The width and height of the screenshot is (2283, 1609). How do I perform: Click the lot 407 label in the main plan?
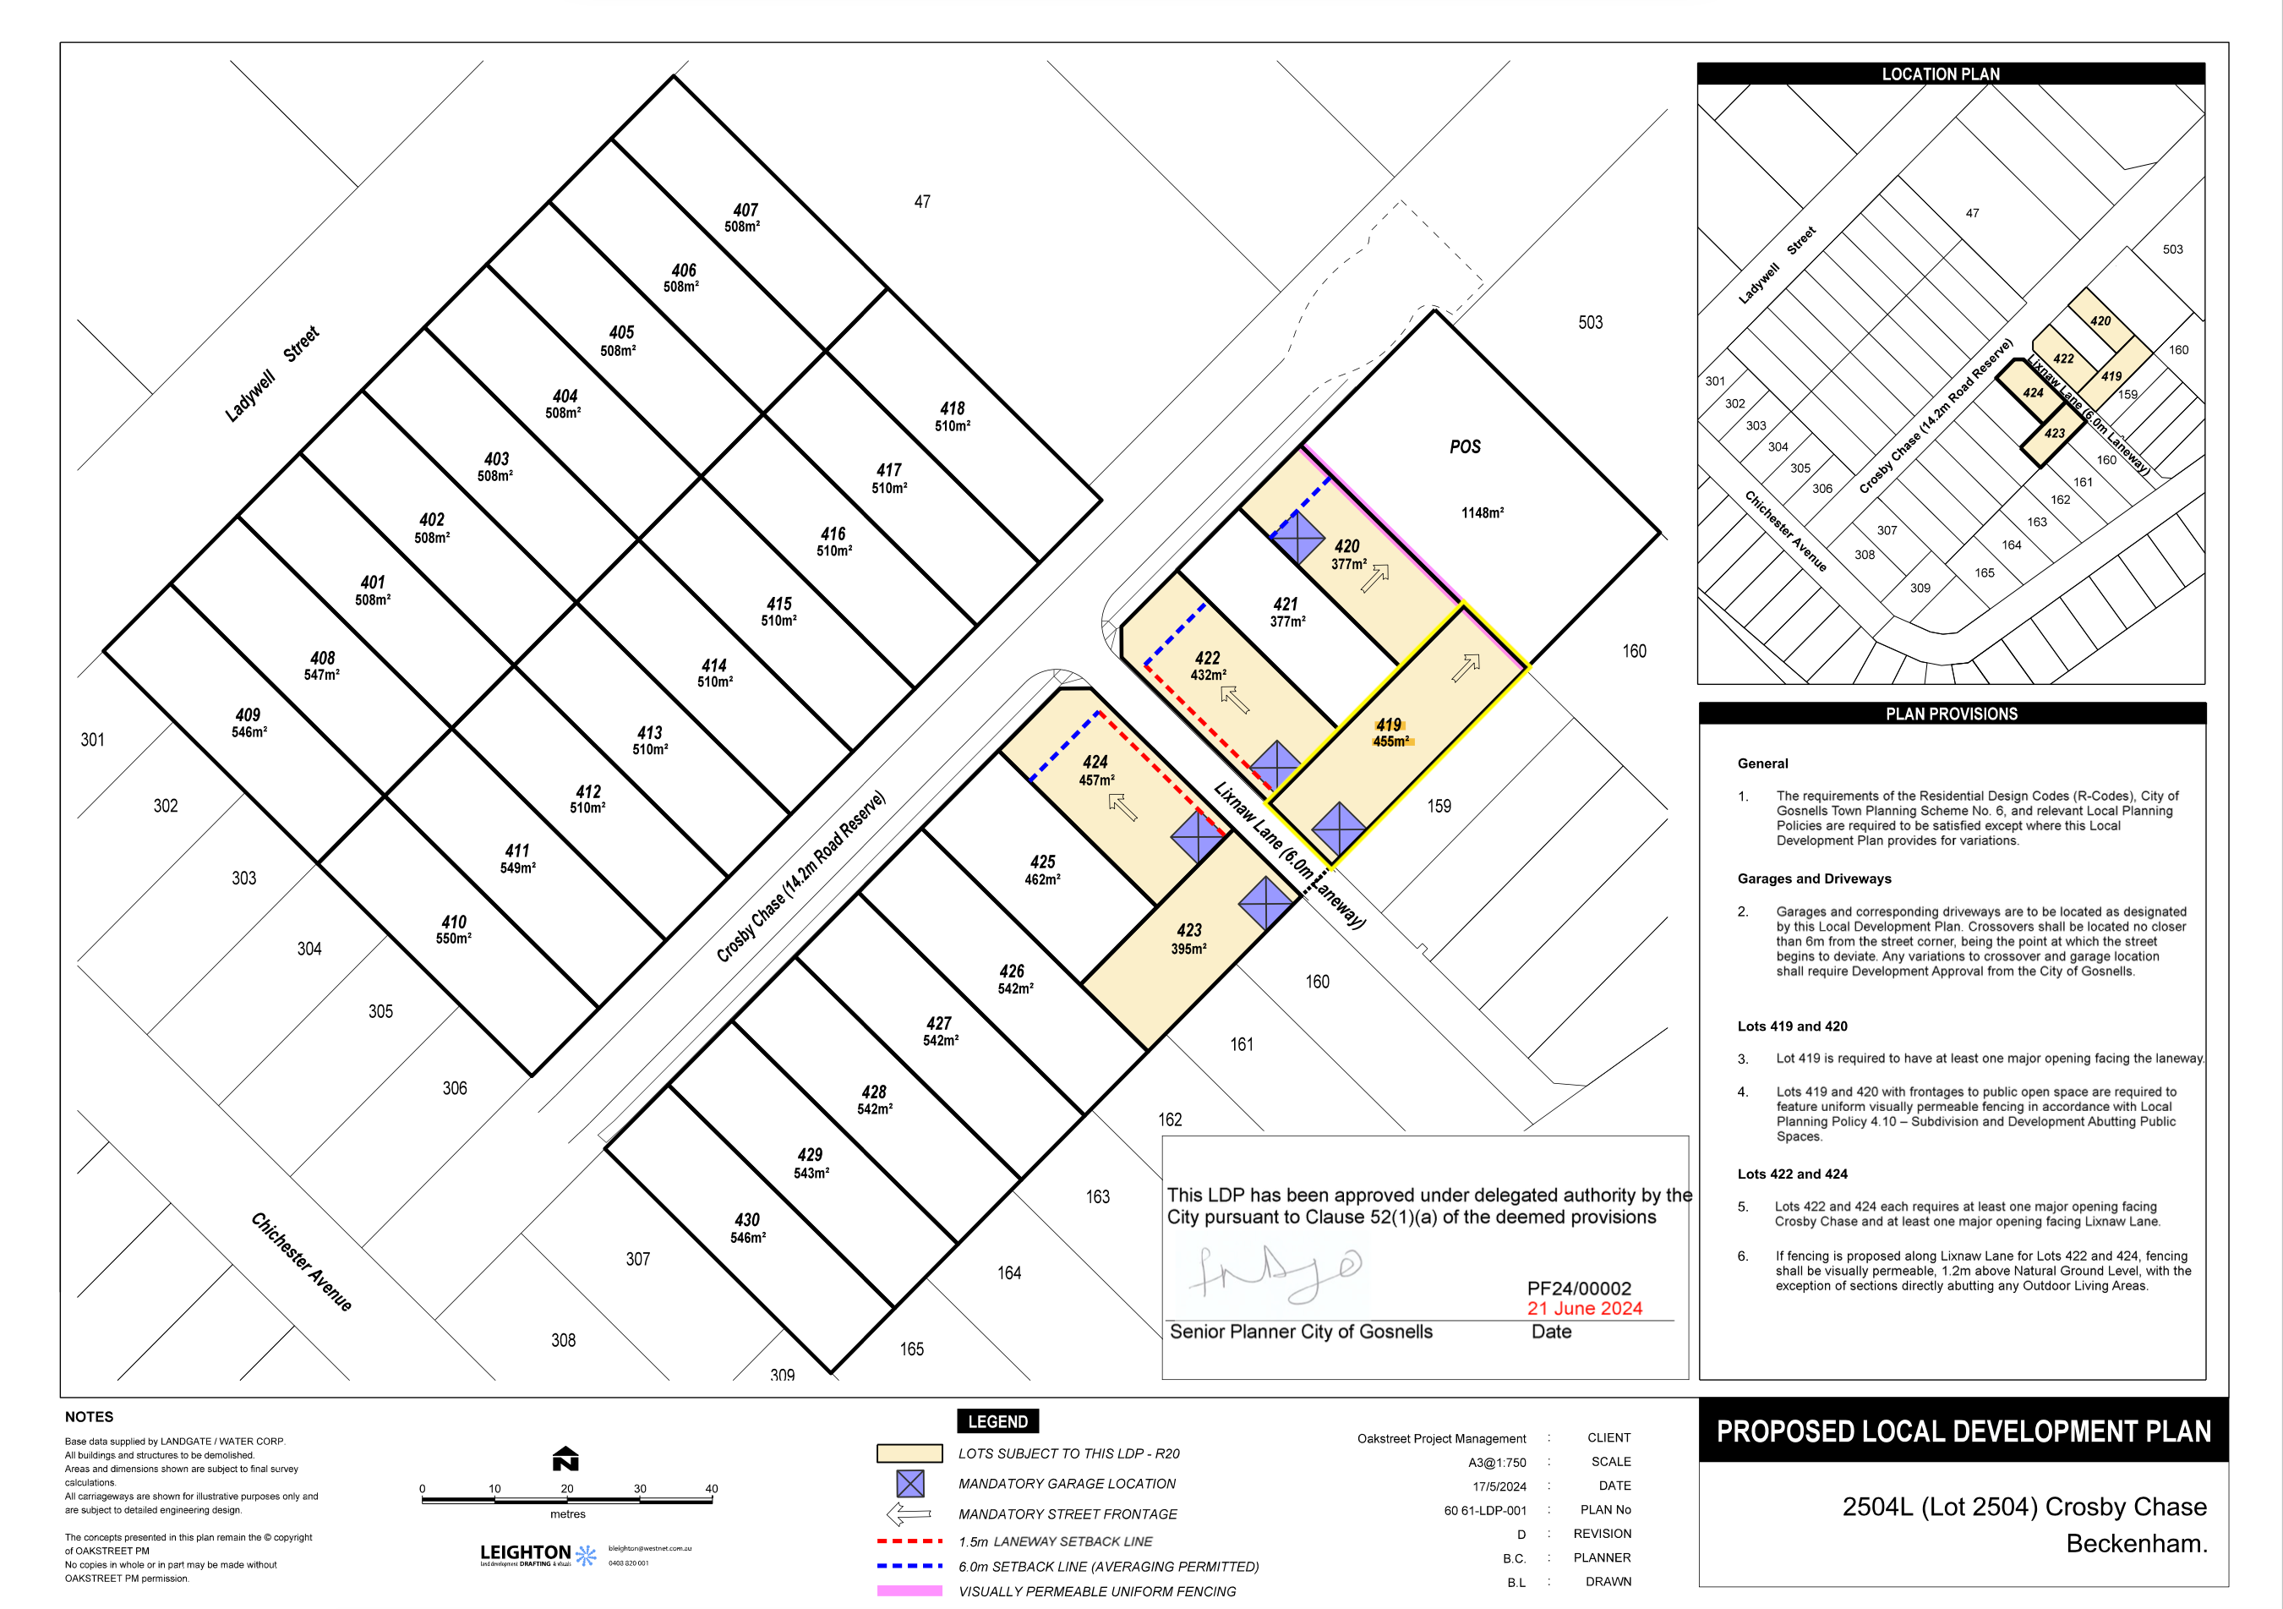(745, 211)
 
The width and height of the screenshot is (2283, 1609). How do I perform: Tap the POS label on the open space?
(1465, 447)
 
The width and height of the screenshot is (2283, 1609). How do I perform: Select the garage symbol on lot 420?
(1298, 539)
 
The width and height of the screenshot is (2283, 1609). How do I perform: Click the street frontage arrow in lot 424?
(1122, 807)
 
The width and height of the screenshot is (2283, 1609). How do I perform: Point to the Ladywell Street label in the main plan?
(271, 374)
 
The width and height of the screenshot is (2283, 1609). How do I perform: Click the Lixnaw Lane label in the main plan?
(1289, 855)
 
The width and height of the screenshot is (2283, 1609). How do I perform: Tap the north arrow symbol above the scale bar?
(565, 1458)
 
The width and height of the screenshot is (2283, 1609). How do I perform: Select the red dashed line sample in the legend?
(909, 1541)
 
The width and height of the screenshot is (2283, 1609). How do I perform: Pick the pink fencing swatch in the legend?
(909, 1591)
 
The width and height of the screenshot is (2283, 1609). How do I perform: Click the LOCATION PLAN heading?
(1940, 74)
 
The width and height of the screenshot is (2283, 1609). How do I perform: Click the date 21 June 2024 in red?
(1584, 1309)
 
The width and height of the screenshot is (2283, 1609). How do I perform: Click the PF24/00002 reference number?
(1579, 1289)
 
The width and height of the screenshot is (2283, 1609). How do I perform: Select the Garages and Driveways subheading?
(1814, 879)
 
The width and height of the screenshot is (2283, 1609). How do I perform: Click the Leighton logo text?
(525, 1552)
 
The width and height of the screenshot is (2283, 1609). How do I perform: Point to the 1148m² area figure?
(1482, 513)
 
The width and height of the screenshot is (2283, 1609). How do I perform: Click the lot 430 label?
(746, 1220)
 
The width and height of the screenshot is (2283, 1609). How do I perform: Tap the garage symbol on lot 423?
(1264, 903)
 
